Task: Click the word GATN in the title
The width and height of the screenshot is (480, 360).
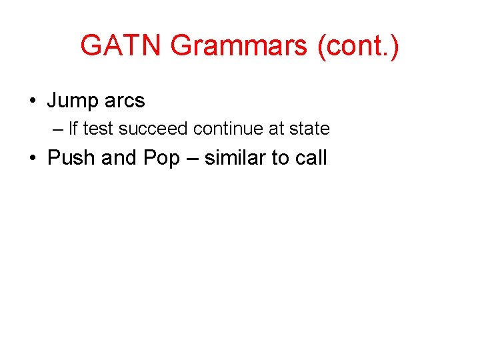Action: click(x=121, y=46)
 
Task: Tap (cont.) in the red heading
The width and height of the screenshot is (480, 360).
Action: click(x=359, y=46)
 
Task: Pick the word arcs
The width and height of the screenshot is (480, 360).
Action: click(x=125, y=101)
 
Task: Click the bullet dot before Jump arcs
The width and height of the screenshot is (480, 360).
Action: click(x=32, y=101)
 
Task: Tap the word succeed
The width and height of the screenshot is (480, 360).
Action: click(x=153, y=129)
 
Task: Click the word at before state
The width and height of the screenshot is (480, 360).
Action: click(x=277, y=129)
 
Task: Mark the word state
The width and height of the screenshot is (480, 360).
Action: click(x=309, y=129)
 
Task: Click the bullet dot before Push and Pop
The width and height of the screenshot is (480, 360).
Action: click(x=32, y=159)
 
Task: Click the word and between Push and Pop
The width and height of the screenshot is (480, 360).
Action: click(x=119, y=158)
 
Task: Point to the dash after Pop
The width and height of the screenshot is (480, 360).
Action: click(x=192, y=159)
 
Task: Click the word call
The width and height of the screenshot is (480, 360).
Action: click(x=309, y=158)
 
